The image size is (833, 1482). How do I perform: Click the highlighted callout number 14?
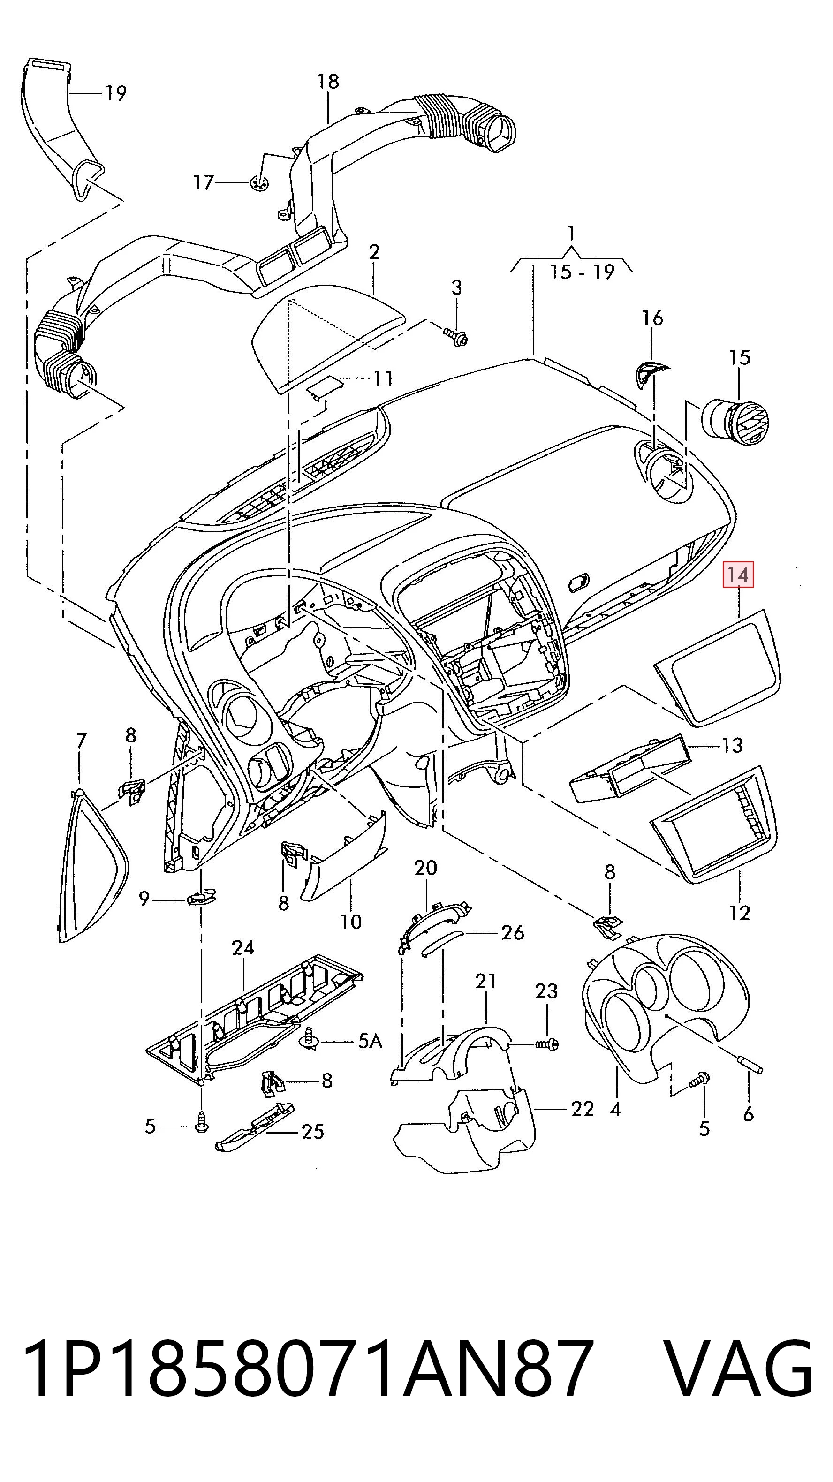(738, 574)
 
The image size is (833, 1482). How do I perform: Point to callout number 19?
(115, 93)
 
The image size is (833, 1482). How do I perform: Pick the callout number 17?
(203, 182)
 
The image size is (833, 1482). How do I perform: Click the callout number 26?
(513, 932)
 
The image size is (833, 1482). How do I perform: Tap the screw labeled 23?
(546, 1043)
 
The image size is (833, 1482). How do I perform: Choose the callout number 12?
(739, 913)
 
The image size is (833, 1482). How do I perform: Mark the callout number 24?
(243, 947)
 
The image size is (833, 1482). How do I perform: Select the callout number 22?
(582, 1109)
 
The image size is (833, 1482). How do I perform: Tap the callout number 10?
(350, 922)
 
